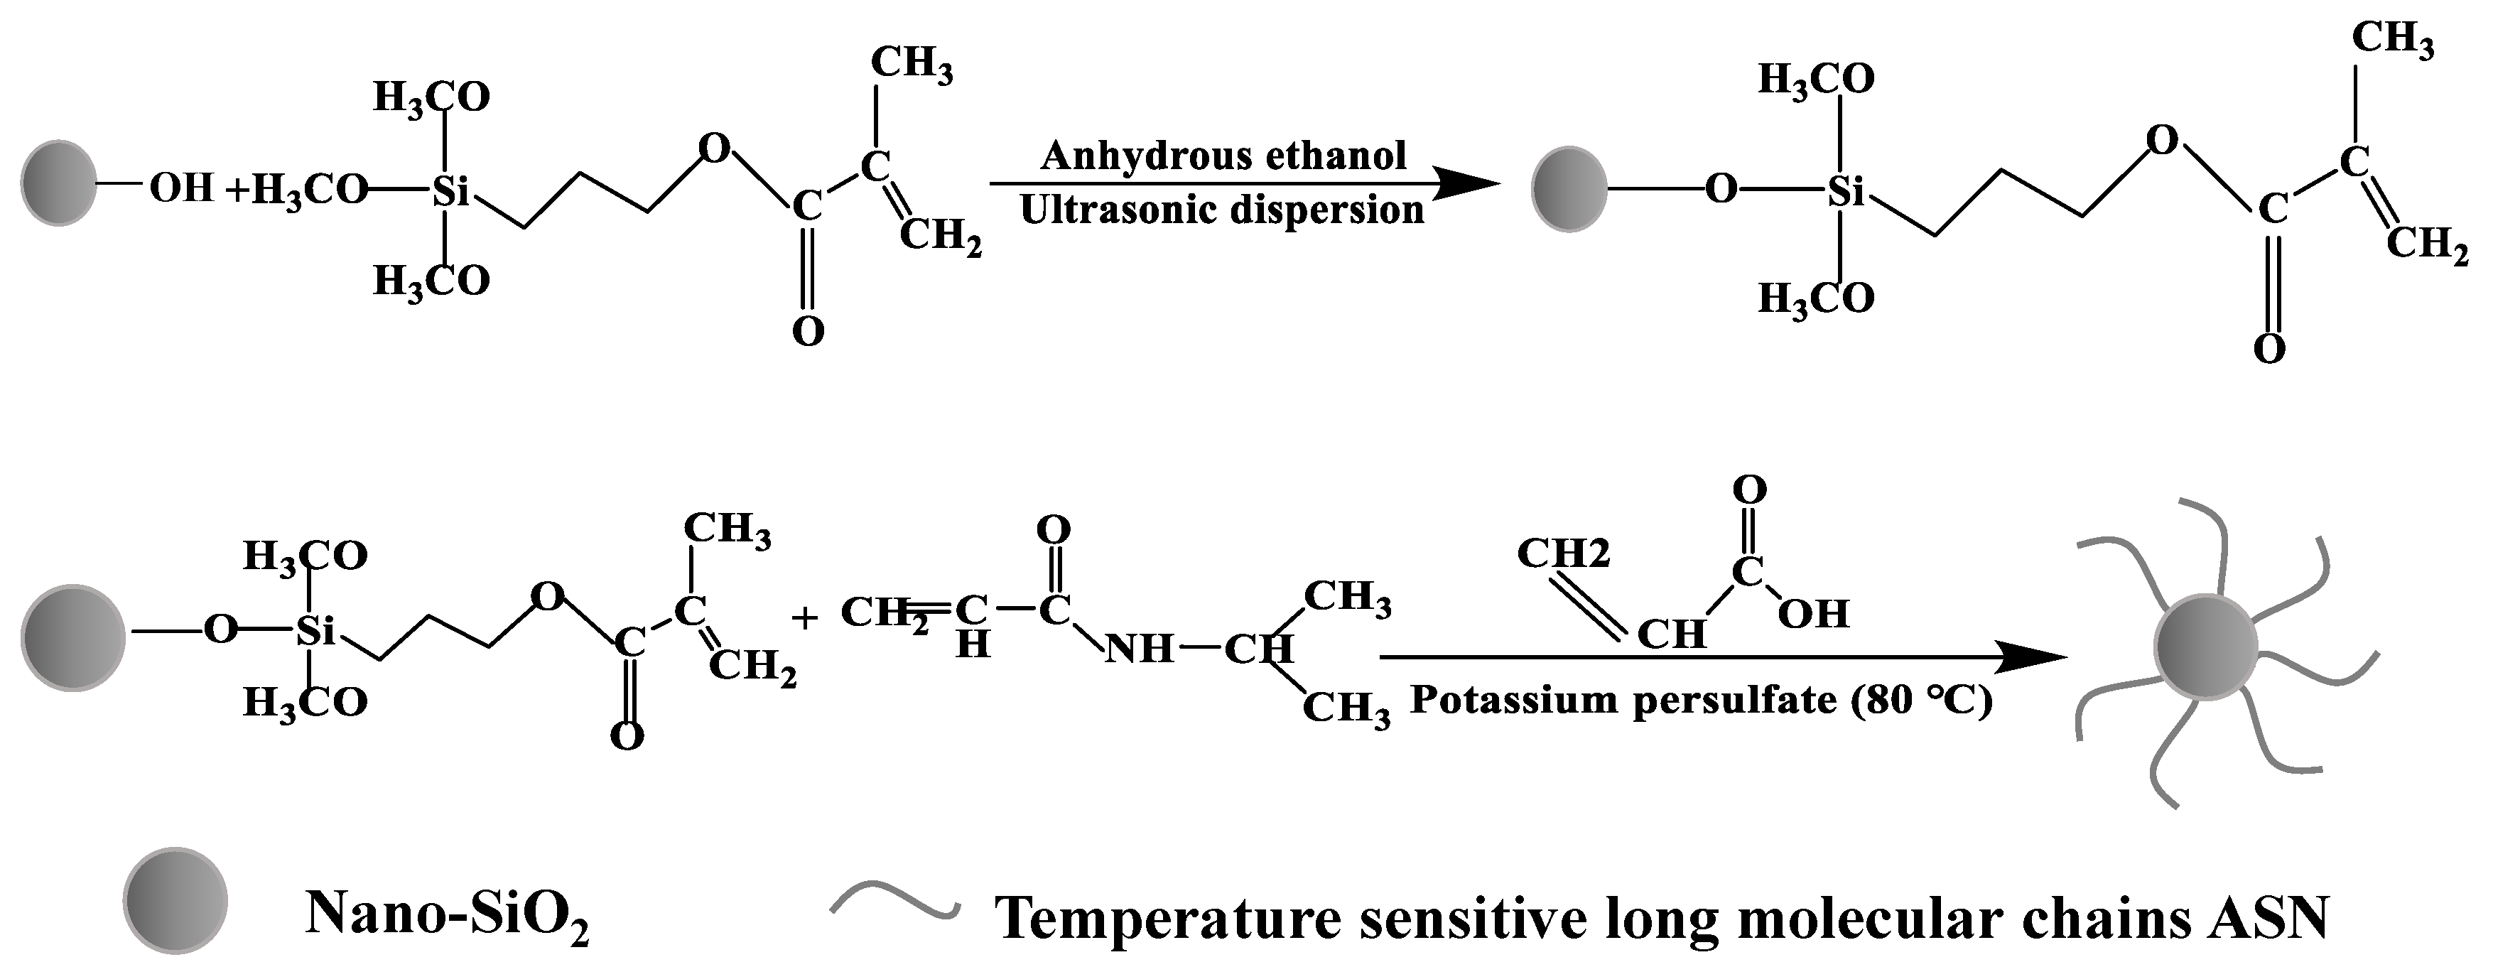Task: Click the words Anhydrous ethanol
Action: click(x=1223, y=156)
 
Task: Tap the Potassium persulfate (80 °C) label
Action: click(x=1700, y=700)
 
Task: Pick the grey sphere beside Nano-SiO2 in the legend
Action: click(x=175, y=900)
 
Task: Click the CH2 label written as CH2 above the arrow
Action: click(x=1564, y=553)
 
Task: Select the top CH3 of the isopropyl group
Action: click(x=1347, y=598)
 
